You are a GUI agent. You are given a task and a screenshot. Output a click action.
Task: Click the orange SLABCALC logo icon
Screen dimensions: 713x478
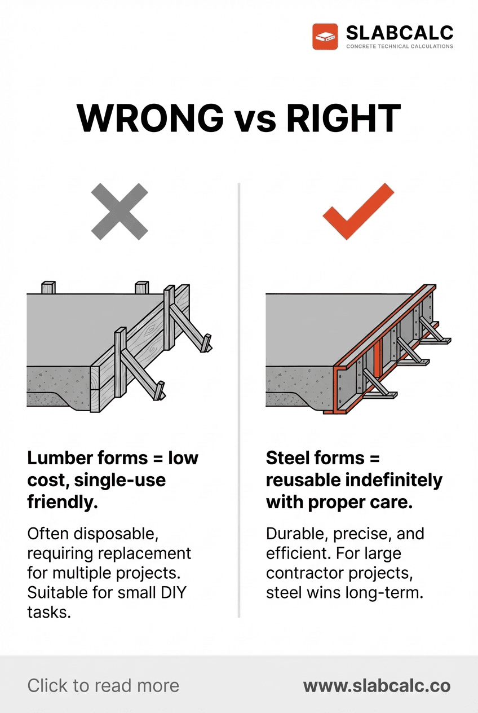tap(325, 37)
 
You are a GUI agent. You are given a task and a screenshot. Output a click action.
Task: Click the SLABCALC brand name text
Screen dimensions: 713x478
tap(399, 32)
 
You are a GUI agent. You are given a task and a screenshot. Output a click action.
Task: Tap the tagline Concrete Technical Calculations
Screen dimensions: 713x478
tap(399, 46)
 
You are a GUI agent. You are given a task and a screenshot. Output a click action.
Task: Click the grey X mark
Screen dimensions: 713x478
tap(119, 211)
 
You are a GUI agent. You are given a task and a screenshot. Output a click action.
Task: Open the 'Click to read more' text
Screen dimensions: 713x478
tap(103, 685)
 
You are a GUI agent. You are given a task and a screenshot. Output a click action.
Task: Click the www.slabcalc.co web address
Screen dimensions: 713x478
tap(377, 685)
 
